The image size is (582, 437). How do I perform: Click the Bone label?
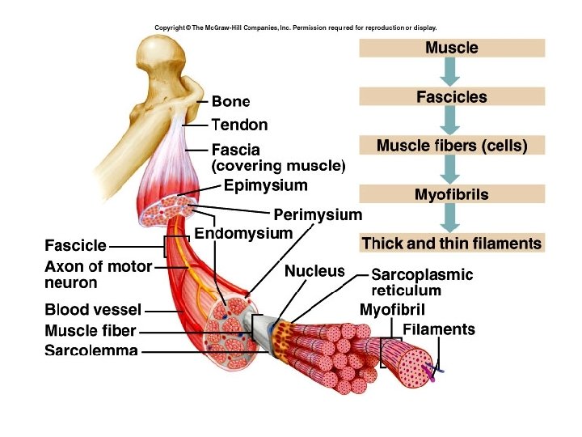click(x=230, y=102)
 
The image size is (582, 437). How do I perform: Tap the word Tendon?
click(x=239, y=125)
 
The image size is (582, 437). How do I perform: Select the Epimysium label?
click(x=266, y=186)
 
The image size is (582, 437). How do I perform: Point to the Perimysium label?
click(x=318, y=215)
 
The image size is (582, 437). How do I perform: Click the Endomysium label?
click(x=243, y=234)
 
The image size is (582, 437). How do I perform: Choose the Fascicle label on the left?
click(x=75, y=245)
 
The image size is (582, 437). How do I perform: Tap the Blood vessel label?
click(x=93, y=310)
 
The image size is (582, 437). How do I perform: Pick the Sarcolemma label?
click(x=91, y=351)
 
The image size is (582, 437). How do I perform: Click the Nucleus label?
click(x=314, y=272)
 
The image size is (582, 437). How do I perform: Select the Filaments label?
click(x=439, y=329)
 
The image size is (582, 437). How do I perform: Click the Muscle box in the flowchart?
click(x=452, y=48)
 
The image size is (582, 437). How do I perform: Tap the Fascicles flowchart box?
click(x=452, y=97)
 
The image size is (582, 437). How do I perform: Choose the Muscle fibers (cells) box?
click(x=452, y=146)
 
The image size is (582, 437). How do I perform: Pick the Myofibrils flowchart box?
click(x=452, y=195)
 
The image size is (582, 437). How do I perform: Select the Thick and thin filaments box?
click(x=452, y=244)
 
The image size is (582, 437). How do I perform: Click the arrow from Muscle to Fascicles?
click(x=452, y=72)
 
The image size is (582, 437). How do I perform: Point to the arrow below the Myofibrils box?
click(x=452, y=219)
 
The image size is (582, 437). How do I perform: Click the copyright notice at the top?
click(x=295, y=28)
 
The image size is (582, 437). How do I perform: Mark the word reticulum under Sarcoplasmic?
click(x=406, y=291)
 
